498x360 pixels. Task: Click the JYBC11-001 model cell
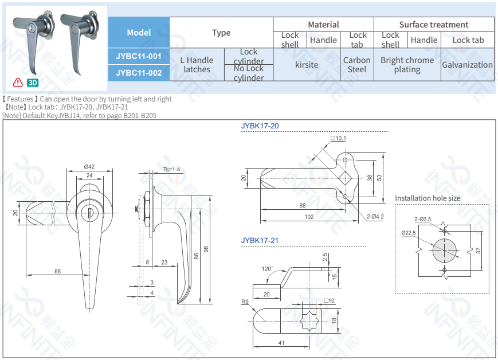(x=139, y=56)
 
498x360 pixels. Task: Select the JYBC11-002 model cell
(x=139, y=73)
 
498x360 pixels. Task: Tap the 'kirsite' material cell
(x=307, y=65)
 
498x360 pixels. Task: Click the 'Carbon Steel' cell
(x=356, y=65)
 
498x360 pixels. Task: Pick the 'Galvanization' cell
(x=467, y=65)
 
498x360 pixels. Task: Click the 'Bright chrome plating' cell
(x=407, y=65)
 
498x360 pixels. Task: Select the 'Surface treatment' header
(x=433, y=25)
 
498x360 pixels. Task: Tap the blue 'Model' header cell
(x=139, y=33)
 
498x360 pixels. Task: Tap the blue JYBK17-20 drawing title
(x=260, y=126)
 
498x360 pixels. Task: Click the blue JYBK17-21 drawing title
(x=260, y=240)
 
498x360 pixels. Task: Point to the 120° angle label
(x=267, y=269)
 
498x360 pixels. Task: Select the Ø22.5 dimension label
(x=407, y=233)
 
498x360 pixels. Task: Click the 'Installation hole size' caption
(x=427, y=198)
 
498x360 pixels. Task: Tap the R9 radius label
(x=245, y=301)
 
